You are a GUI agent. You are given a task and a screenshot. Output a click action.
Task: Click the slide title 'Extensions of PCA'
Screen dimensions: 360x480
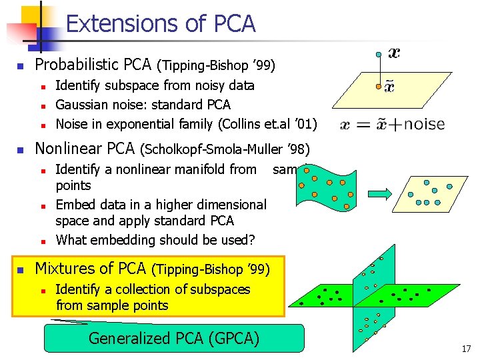tap(161, 24)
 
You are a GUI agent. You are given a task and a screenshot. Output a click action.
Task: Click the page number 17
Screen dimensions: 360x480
tap(465, 349)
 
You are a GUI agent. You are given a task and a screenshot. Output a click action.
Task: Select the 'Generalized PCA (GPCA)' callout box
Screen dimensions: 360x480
tap(173, 338)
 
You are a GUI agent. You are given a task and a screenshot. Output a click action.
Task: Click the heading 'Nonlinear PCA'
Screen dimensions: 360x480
tap(84, 148)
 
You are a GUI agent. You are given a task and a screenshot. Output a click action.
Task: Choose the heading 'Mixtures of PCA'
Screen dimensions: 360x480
tap(90, 269)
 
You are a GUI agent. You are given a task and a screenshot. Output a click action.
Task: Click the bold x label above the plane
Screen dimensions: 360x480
tap(395, 53)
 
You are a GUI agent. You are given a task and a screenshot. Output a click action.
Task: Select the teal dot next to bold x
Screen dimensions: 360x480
tap(379, 53)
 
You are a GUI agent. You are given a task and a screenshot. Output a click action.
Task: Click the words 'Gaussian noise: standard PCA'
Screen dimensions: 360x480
tap(143, 105)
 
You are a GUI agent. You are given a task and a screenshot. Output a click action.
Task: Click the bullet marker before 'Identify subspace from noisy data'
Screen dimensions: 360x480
tap(42, 86)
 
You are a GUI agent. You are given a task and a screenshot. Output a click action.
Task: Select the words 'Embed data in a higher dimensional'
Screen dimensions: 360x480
tap(161, 205)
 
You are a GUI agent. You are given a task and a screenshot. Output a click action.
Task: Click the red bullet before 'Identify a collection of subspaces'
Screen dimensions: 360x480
tap(42, 290)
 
